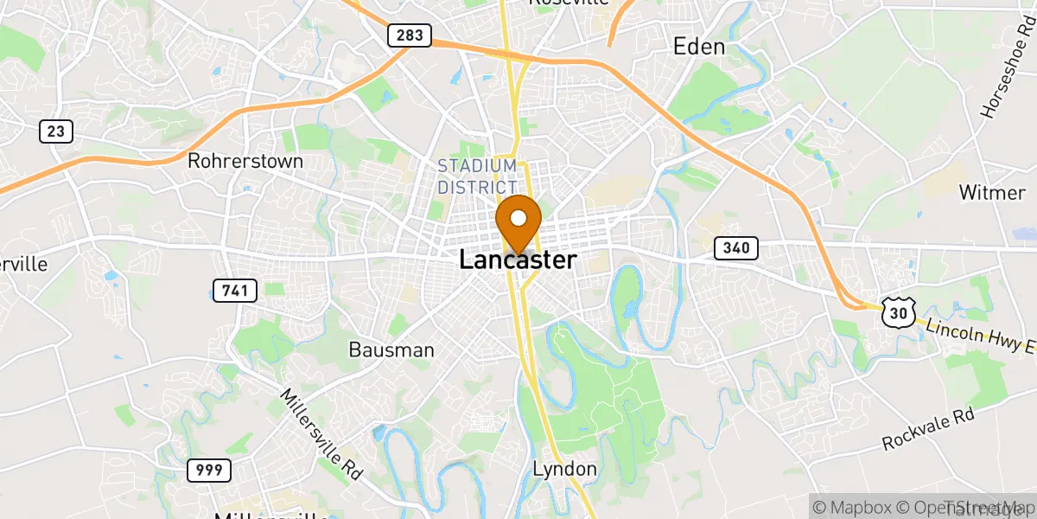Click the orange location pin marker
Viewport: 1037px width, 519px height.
point(518,221)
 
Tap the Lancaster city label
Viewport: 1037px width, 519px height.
point(518,259)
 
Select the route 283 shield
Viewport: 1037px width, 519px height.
point(410,35)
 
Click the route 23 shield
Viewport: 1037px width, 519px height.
point(55,131)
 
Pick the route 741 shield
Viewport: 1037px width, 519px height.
point(235,290)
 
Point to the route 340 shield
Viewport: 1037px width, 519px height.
point(736,248)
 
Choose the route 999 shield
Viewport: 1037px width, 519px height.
point(209,471)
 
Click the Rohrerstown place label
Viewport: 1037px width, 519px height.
point(245,161)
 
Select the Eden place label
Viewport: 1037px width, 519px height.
point(699,47)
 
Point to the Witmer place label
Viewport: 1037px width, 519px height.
point(992,192)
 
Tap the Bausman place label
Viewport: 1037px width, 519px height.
point(391,350)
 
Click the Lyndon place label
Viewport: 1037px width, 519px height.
point(564,469)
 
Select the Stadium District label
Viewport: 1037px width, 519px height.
point(477,176)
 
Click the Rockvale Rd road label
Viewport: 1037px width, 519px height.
point(928,430)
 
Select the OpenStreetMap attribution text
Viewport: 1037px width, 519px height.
point(959,507)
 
